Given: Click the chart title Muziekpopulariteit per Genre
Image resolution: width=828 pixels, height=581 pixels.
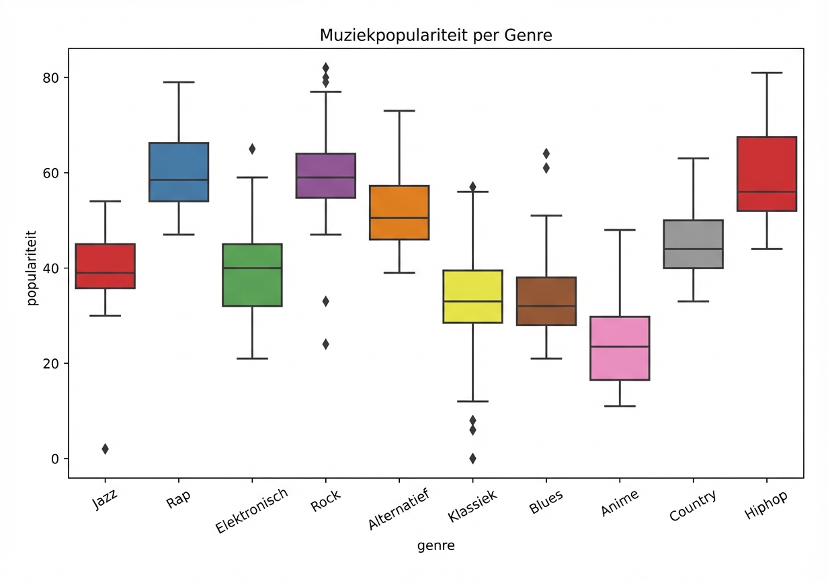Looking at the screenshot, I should tap(436, 36).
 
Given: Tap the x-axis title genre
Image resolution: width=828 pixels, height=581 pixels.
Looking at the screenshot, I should tap(436, 546).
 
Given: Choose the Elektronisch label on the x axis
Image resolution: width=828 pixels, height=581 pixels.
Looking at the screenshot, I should tap(252, 511).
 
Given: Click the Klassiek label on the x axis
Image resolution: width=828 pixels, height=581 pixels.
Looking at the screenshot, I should tap(472, 506).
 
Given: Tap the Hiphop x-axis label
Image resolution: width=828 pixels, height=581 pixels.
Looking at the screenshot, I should tap(765, 504).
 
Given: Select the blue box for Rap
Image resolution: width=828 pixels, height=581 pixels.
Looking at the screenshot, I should tap(179, 172).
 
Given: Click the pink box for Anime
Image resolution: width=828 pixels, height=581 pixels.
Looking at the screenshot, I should tap(619, 348).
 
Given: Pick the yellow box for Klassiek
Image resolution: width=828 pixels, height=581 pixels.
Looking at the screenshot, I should tap(472, 297).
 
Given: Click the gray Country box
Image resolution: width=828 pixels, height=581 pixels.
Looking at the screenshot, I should tap(692, 244).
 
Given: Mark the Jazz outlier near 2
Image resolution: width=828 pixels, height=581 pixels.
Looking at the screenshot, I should tap(106, 449).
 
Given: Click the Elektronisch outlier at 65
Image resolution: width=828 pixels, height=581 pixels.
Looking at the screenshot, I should tap(252, 149).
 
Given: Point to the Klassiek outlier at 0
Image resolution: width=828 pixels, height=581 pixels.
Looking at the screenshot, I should tap(472, 459).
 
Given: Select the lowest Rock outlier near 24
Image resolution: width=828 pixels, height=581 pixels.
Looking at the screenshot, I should tap(325, 344).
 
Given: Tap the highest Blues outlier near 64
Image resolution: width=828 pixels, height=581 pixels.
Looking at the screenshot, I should tap(546, 154).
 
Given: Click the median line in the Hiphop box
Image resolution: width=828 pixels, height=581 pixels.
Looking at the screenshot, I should tap(766, 192).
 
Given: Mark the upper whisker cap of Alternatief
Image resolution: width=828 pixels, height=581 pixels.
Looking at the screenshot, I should tap(399, 111).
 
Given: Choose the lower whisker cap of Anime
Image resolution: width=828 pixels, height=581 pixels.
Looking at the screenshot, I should tap(619, 406).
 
